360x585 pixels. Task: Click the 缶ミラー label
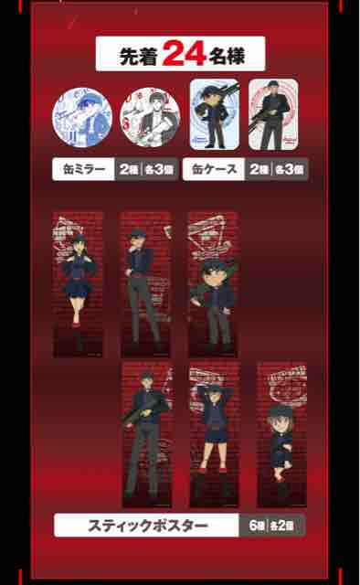point(84,170)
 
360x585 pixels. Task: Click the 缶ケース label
point(214,170)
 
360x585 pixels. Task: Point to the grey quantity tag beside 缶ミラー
point(147,170)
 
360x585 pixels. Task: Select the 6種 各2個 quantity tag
point(278,526)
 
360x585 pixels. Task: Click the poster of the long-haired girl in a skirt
point(78,284)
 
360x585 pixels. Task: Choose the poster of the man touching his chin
point(146,284)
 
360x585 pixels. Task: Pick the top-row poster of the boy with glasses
point(213,284)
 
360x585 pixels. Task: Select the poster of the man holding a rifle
point(147,433)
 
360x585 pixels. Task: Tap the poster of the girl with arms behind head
point(214,433)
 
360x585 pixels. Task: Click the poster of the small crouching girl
point(281,433)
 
